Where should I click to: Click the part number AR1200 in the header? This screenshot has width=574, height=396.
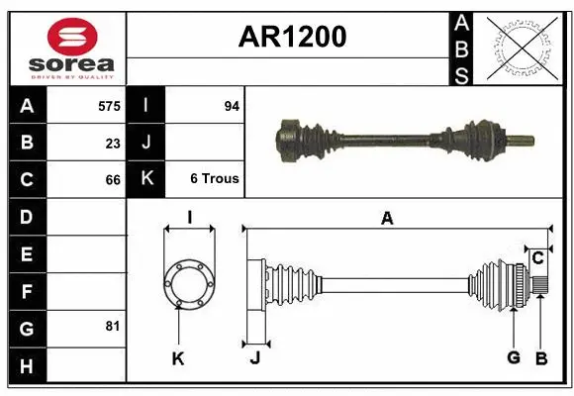pos(292,37)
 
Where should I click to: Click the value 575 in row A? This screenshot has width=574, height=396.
pos(109,105)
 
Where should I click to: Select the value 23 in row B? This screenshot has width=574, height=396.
pos(113,143)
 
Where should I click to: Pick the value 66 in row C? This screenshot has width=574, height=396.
pos(113,180)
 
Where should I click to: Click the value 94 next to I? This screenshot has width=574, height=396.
pos(232,105)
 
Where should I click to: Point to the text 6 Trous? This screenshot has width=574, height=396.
pos(215,179)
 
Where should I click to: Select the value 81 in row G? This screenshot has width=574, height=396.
pos(113,325)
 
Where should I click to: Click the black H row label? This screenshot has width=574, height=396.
pos(27,366)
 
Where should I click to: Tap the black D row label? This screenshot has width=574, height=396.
pos(27,216)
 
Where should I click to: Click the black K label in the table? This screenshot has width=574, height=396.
pos(146,179)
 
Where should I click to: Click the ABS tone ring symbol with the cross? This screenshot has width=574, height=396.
pos(523,48)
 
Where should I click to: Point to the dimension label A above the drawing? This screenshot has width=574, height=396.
pos(387,219)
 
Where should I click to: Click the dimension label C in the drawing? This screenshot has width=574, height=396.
pos(537,257)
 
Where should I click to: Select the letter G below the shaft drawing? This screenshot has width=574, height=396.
pos(514,357)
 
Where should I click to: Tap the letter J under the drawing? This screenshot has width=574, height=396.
pos(254,357)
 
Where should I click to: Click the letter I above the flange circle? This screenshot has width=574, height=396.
pos(189,219)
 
